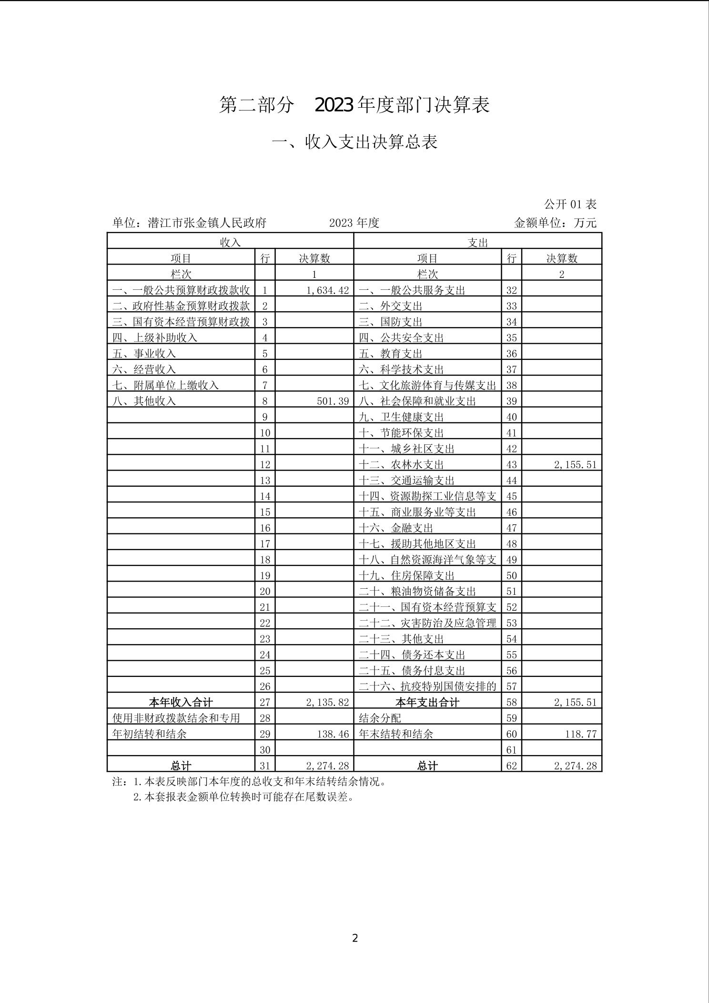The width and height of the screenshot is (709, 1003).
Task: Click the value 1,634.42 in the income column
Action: [x=327, y=290]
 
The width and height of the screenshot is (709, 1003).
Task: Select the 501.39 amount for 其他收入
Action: [x=333, y=401]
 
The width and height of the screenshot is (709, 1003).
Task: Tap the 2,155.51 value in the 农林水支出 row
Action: [x=575, y=464]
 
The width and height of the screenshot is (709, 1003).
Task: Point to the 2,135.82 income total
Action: [x=327, y=702]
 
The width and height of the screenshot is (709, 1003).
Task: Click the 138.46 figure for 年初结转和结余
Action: [x=333, y=734]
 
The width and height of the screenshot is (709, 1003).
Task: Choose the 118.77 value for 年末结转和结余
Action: [x=580, y=734]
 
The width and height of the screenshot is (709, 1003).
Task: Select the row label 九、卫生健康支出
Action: [x=401, y=417]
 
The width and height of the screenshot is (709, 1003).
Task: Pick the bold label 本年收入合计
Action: [x=181, y=702]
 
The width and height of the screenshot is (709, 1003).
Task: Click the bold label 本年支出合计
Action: [x=427, y=702]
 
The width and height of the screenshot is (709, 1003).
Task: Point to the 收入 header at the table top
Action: [x=230, y=242]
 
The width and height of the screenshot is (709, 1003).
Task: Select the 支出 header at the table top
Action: [x=478, y=242]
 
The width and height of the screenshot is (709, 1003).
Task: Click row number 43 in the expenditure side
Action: [x=511, y=464]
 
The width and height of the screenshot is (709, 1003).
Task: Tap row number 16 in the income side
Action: [x=265, y=528]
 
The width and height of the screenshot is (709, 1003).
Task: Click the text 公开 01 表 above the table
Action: [x=570, y=205]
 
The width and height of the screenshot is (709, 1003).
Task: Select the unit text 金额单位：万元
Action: [x=555, y=223]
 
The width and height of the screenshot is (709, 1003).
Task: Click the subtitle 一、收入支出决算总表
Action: [x=354, y=142]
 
